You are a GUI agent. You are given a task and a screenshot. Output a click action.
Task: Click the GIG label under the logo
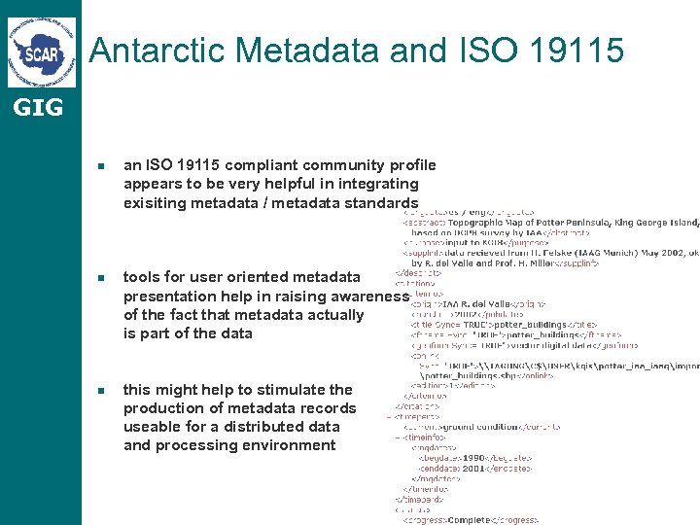[38, 107]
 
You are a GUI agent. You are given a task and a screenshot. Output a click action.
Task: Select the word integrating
[379, 184]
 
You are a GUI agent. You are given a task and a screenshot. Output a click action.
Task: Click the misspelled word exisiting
[158, 202]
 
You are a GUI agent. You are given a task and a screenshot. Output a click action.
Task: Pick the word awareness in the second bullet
[370, 296]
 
